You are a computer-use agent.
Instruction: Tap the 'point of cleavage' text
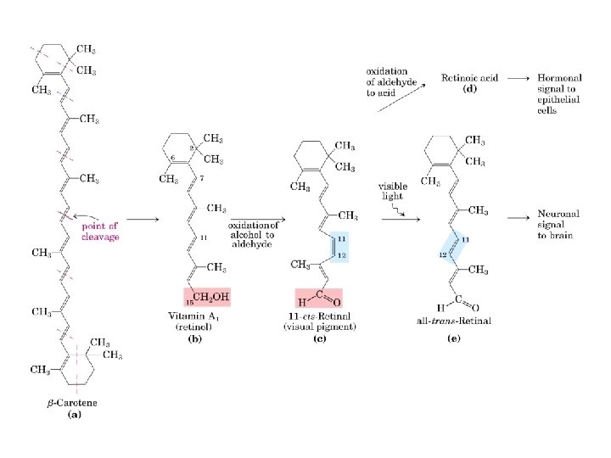(x=101, y=231)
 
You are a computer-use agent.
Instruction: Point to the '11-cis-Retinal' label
(x=322, y=316)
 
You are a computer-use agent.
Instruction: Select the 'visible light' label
(x=393, y=191)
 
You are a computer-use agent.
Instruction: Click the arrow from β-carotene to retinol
(x=141, y=220)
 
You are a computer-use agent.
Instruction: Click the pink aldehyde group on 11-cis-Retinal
(x=318, y=298)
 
